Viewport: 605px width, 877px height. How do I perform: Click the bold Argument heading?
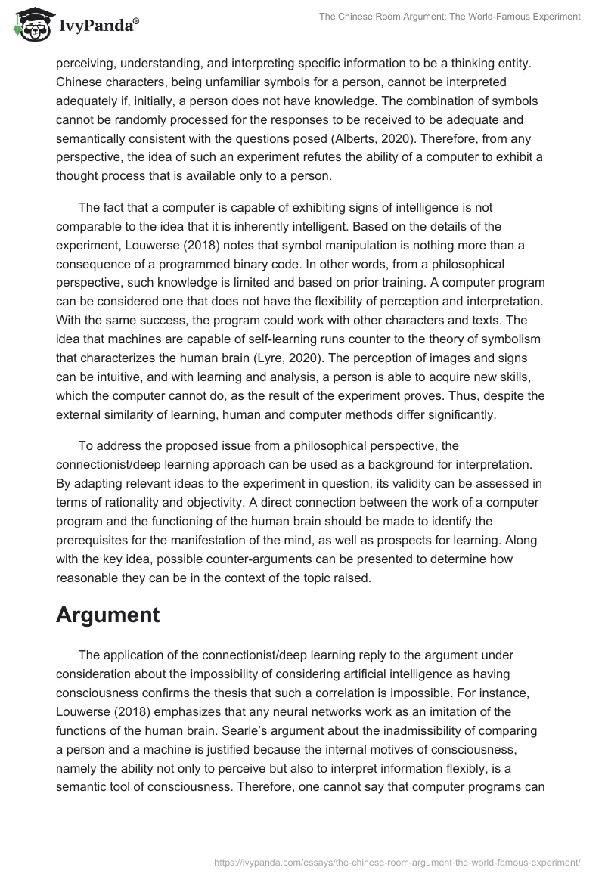point(107,615)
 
